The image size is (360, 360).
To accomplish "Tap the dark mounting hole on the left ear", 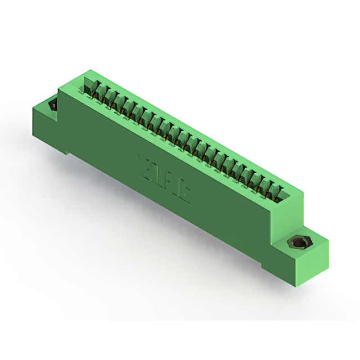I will pos(53,105).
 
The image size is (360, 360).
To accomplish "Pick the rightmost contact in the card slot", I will pos(280,192).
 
